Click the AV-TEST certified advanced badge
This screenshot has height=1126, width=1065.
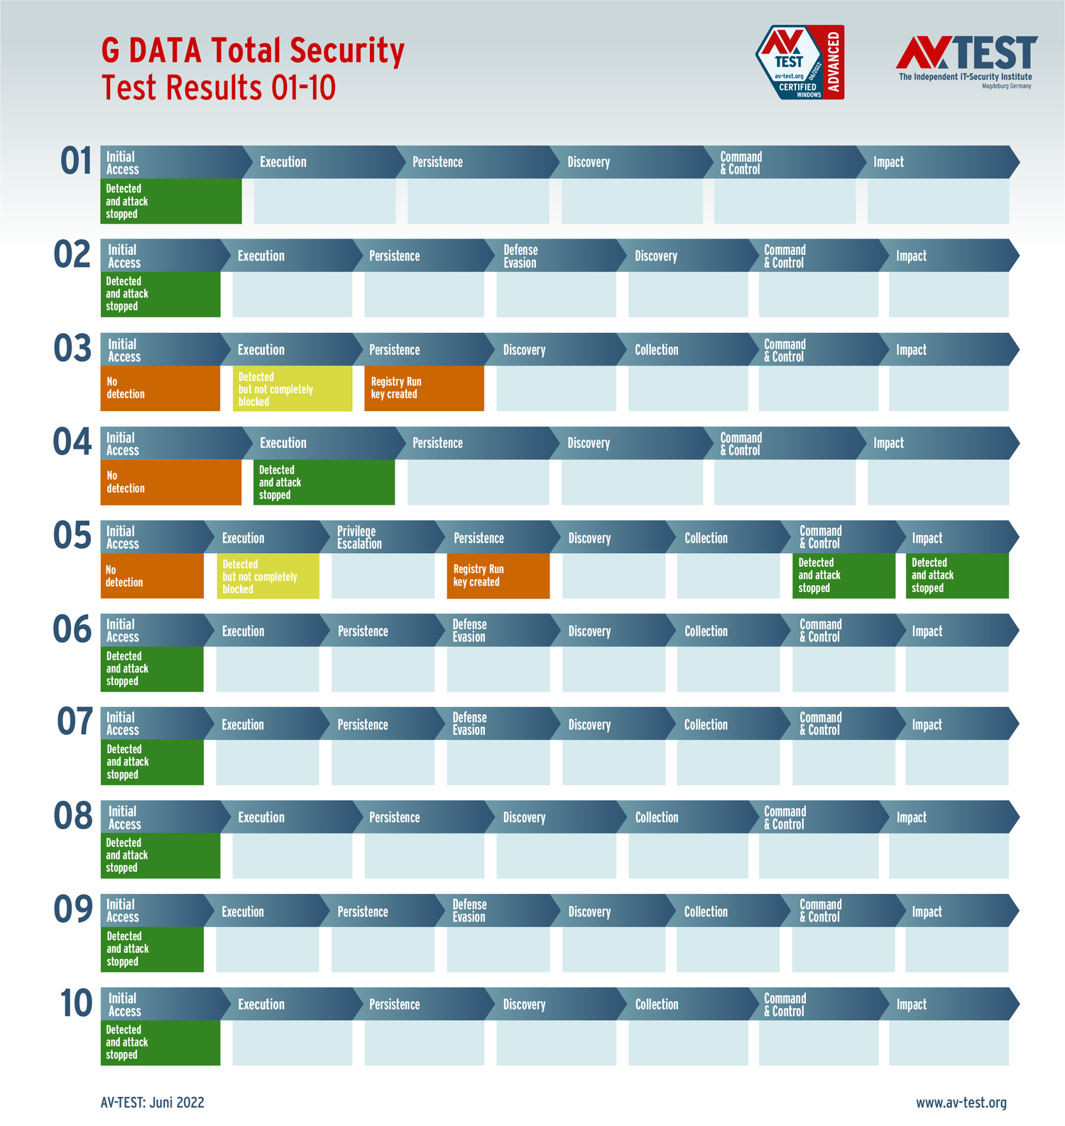[x=799, y=62]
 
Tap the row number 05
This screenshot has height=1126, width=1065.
[x=72, y=535]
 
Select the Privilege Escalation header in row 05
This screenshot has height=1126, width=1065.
[x=359, y=537]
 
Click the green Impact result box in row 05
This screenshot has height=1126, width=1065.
[x=956, y=576]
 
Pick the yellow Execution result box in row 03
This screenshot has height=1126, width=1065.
[x=292, y=389]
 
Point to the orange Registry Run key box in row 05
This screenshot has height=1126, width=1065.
[x=498, y=576]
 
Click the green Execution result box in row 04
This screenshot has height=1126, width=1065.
[x=324, y=483]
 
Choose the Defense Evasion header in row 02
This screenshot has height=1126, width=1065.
[x=520, y=256]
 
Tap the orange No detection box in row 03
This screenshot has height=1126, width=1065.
[x=160, y=388]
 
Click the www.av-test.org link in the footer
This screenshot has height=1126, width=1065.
[x=961, y=1103]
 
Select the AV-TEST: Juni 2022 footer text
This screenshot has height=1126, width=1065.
[x=153, y=1103]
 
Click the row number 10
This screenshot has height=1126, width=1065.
[x=76, y=1004]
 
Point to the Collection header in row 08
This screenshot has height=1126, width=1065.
[x=657, y=818]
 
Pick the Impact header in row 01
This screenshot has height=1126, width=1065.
[x=888, y=163]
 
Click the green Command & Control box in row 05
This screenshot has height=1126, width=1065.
[x=843, y=576]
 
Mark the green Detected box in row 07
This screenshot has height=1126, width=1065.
[x=152, y=762]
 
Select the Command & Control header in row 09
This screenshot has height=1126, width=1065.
[x=821, y=911]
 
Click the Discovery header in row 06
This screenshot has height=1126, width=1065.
[x=589, y=631]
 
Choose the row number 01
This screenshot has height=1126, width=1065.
[x=76, y=160]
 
